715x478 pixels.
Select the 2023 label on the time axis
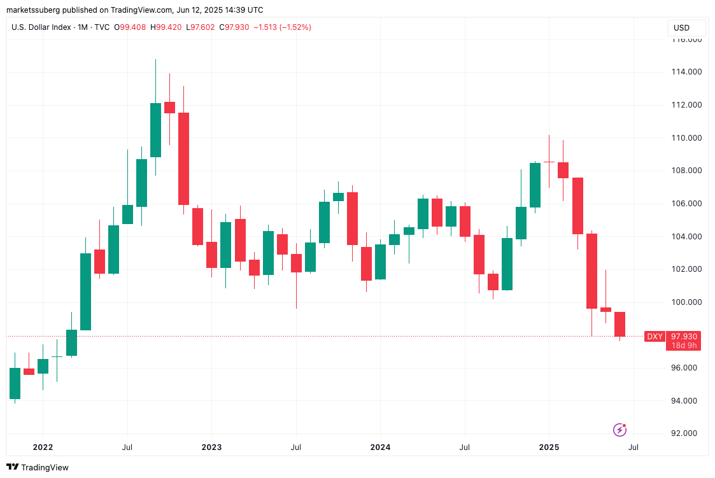[x=211, y=447]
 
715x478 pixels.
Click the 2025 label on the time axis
[x=549, y=447]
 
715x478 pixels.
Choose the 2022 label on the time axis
[x=43, y=447]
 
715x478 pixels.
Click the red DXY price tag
[x=655, y=336]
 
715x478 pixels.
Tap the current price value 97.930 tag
[x=683, y=336]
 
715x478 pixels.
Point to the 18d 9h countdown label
[x=683, y=346]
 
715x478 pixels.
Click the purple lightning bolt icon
[x=619, y=430]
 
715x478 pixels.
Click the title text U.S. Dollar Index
[x=40, y=27]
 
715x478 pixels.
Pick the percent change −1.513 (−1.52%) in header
[x=283, y=27]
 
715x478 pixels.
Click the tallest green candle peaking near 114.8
[x=155, y=130]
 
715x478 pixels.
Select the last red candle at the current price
[x=619, y=324]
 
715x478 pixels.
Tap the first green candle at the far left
[x=15, y=383]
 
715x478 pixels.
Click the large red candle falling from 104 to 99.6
[x=591, y=271]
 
